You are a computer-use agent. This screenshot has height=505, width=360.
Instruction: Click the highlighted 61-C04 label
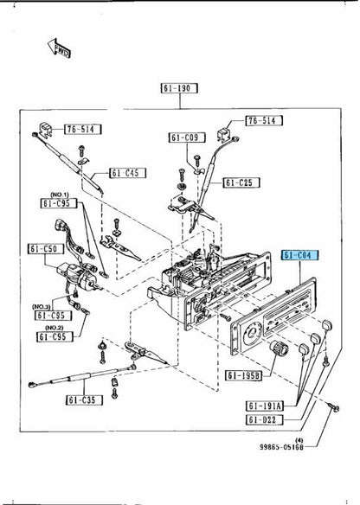(300, 257)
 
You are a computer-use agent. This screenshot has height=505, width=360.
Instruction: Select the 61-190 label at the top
(179, 88)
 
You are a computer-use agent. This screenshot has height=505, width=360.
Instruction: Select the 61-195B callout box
(245, 375)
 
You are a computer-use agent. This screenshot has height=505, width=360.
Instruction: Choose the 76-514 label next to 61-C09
(262, 120)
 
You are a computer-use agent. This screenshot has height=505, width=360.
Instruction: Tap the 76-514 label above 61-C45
(83, 130)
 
